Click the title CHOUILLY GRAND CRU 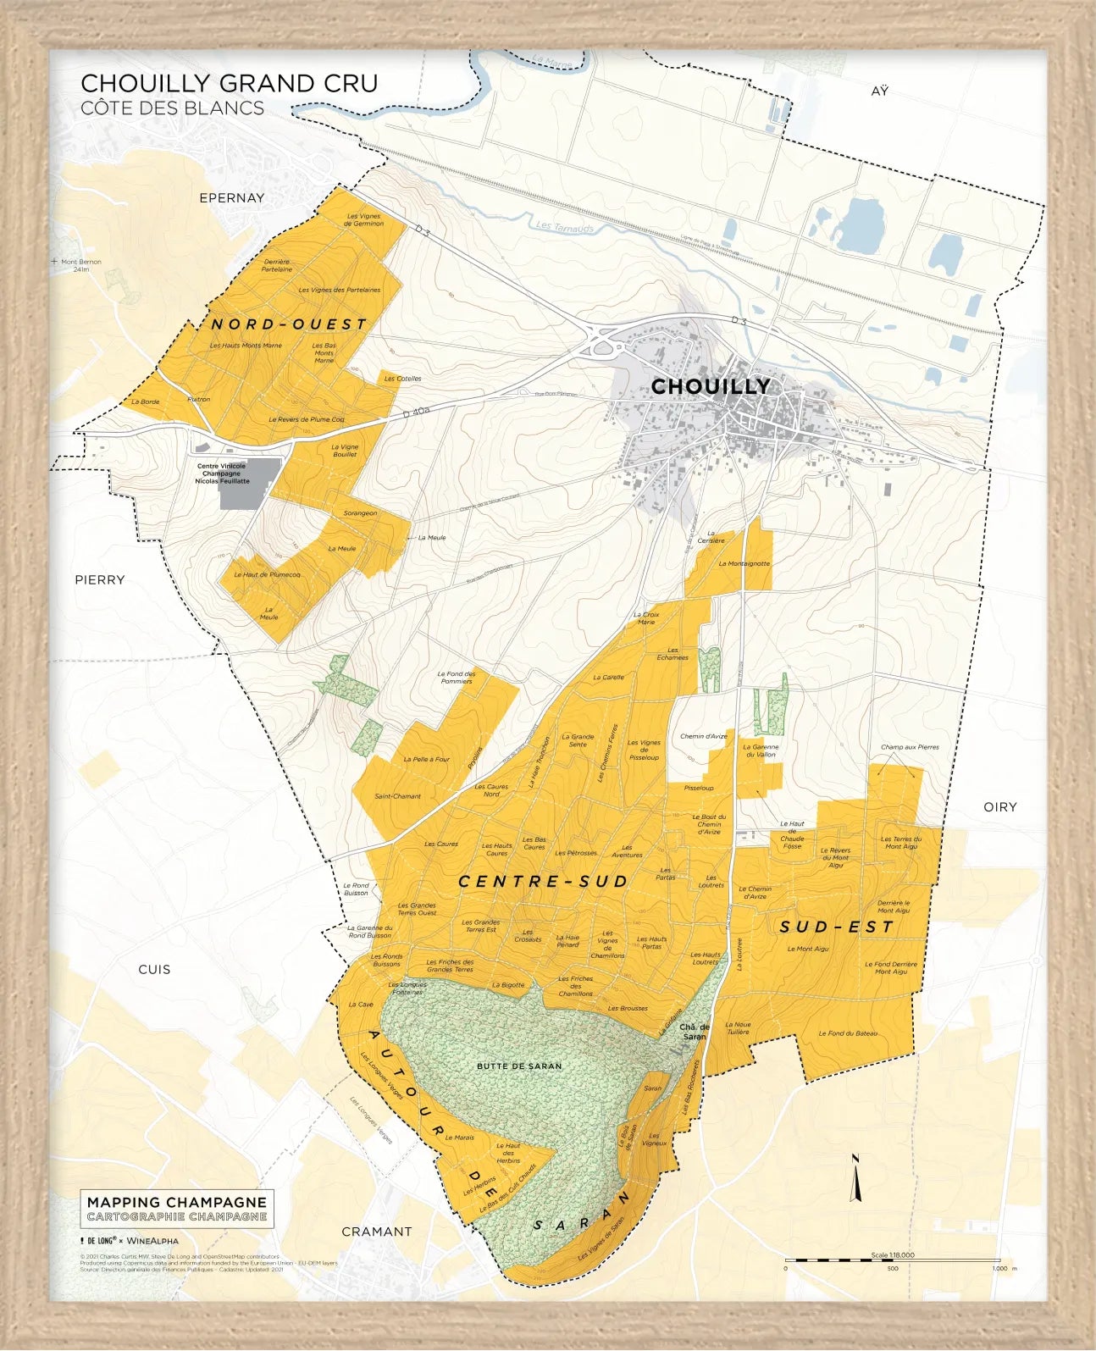pyautogui.click(x=229, y=83)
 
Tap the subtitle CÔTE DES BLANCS pyautogui.click(x=172, y=108)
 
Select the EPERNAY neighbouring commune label pyautogui.click(x=231, y=198)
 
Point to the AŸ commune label pyautogui.click(x=880, y=91)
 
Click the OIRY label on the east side pyautogui.click(x=999, y=807)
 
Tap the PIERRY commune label pyautogui.click(x=100, y=580)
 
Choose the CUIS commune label pyautogui.click(x=154, y=969)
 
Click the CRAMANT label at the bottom pyautogui.click(x=376, y=1232)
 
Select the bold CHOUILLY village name pyautogui.click(x=711, y=386)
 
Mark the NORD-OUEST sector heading pyautogui.click(x=289, y=324)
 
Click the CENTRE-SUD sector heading pyautogui.click(x=543, y=882)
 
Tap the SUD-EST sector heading pyautogui.click(x=836, y=927)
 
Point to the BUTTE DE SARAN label pyautogui.click(x=519, y=1066)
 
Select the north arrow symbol pyautogui.click(x=855, y=1179)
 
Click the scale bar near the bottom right pyautogui.click(x=892, y=1260)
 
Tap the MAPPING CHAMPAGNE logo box pyautogui.click(x=177, y=1209)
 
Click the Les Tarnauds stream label pyautogui.click(x=565, y=227)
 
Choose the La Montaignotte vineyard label pyautogui.click(x=745, y=563)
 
